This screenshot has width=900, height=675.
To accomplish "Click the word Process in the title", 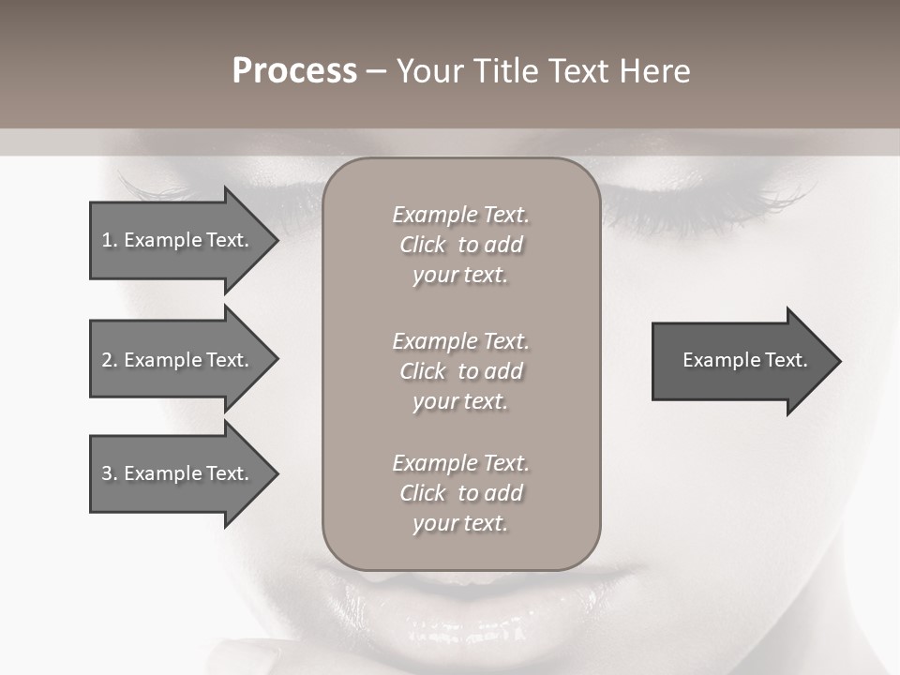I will pyautogui.click(x=294, y=71).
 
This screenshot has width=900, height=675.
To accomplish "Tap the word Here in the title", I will pyautogui.click(x=653, y=71).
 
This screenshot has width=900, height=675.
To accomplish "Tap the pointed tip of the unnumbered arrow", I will pyautogui.click(x=839, y=360).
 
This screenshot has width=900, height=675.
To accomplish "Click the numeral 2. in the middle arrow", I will pyautogui.click(x=109, y=360).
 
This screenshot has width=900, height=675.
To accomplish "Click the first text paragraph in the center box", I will pyautogui.click(x=460, y=245).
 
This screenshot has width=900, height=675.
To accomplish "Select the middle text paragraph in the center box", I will pyautogui.click(x=460, y=371).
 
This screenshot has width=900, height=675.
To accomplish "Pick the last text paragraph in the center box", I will pyautogui.click(x=460, y=493).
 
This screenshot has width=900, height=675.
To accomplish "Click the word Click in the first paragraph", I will pyautogui.click(x=423, y=245).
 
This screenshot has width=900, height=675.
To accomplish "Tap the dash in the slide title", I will pyautogui.click(x=376, y=71).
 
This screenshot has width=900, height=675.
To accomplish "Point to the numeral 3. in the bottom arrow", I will pyautogui.click(x=109, y=473).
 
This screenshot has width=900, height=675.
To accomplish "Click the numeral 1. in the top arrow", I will pyautogui.click(x=109, y=240).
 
